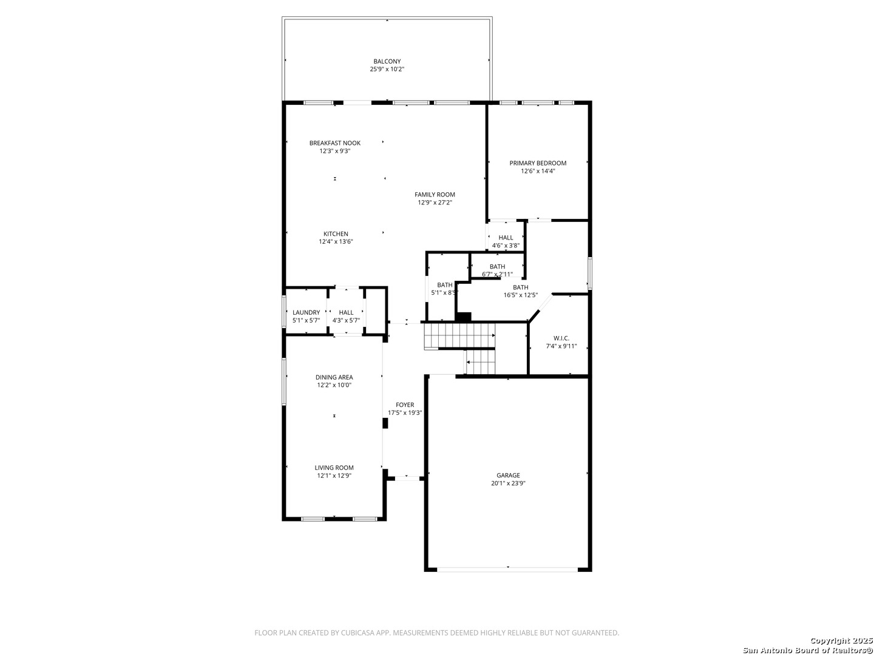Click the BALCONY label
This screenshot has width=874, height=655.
[387, 61]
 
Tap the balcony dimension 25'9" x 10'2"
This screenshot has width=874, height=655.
[387, 69]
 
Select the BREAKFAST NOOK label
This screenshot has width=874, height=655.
[334, 143]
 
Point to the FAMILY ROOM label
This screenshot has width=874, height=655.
[435, 195]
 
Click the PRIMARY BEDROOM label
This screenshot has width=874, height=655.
[538, 163]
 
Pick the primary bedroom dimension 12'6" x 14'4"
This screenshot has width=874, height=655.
[538, 171]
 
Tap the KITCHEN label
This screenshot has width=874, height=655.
[336, 234]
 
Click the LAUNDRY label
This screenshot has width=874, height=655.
[306, 312]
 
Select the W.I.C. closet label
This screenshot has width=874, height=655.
[561, 338]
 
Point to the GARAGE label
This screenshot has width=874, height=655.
[508, 475]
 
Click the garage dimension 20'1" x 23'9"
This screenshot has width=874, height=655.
[508, 483]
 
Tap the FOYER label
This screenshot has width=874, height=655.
[405, 405]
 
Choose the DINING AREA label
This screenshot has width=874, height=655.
[334, 377]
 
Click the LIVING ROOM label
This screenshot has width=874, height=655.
[334, 468]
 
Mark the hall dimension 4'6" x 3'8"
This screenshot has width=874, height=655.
[506, 246]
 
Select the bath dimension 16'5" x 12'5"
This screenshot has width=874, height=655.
[520, 295]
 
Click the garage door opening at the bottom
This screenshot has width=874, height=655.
[507, 569]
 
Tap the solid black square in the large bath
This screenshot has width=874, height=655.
[463, 317]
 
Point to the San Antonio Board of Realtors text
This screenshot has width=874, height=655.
[807, 650]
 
